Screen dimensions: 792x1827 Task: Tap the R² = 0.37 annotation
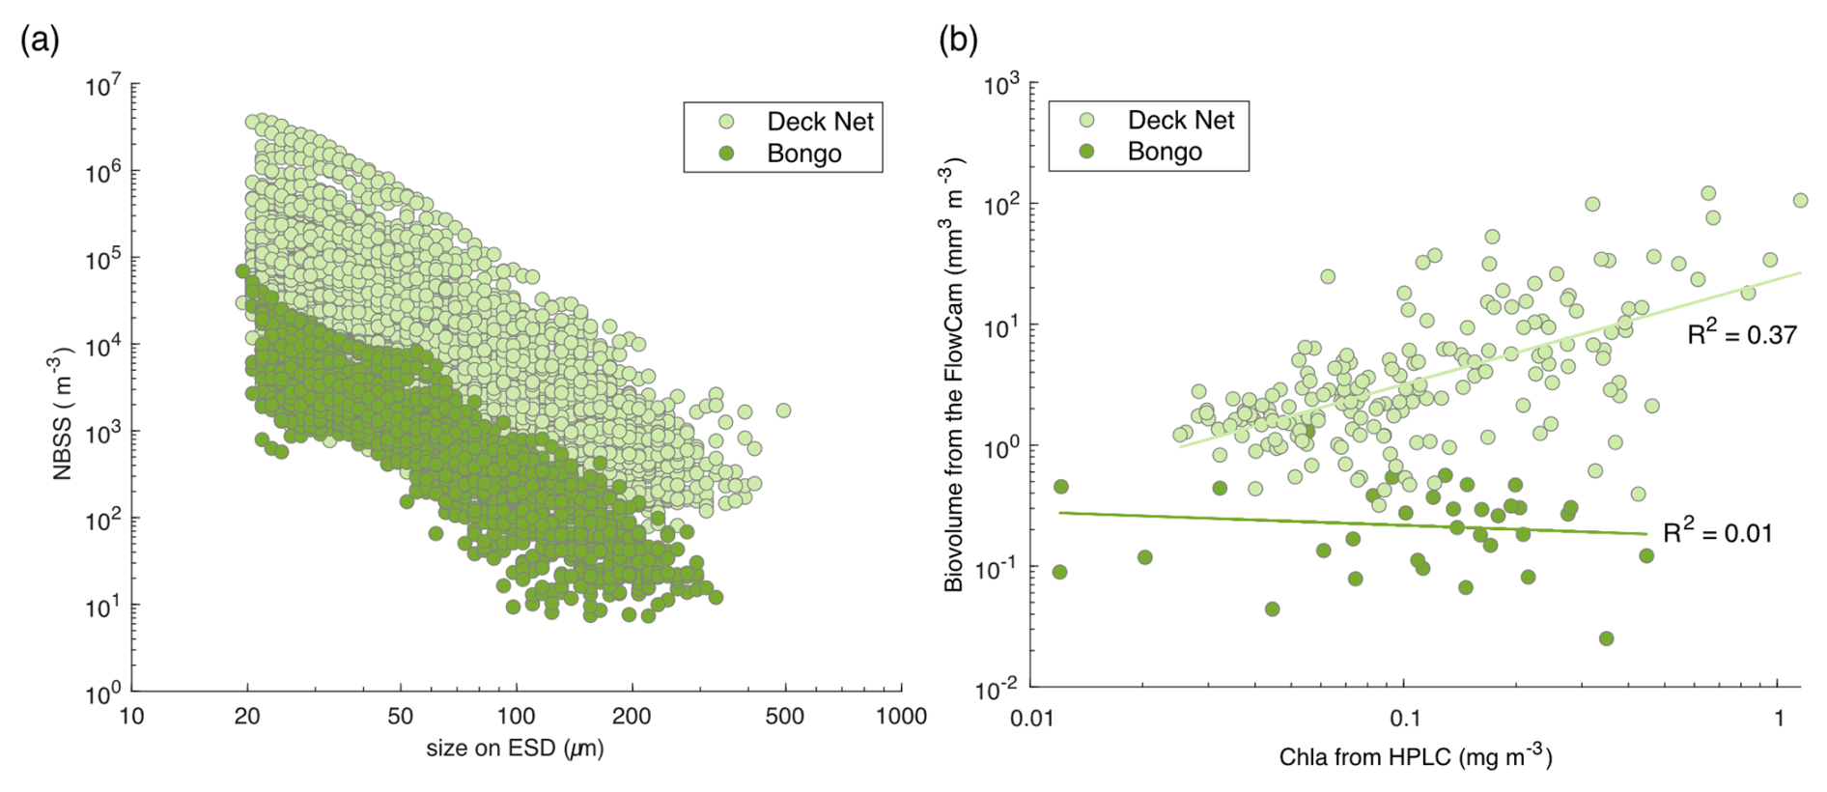1741,334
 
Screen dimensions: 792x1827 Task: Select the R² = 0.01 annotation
1717,532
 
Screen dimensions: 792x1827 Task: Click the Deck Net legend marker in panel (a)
726,122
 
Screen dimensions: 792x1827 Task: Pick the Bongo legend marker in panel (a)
726,154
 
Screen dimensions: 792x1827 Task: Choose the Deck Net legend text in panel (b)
1180,120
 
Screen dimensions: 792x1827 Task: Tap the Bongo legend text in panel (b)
1165,152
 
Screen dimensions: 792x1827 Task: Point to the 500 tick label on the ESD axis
784,717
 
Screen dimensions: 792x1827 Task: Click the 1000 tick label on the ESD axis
901,717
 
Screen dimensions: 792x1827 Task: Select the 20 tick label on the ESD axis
247,717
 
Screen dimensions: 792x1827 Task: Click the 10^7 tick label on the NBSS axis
103,86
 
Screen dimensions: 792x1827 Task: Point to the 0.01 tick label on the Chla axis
1031,718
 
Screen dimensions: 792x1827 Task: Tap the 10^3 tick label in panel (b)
1001,85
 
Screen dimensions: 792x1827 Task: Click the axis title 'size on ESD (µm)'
515,749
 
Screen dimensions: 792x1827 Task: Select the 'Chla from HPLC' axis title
1415,756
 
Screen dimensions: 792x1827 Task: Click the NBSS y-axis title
61,416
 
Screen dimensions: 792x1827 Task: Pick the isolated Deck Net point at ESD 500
783,410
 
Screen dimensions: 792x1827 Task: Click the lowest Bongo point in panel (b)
1606,638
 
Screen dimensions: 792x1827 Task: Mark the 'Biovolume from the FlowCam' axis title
952,377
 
